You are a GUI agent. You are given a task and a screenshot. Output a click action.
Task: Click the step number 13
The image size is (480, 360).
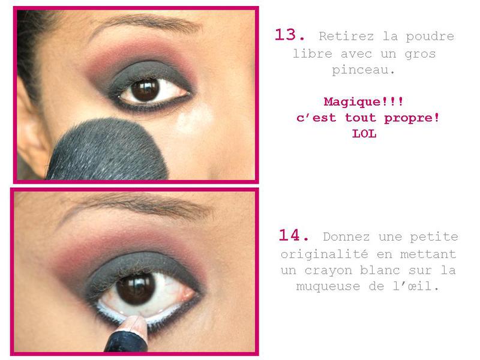tap(289, 35)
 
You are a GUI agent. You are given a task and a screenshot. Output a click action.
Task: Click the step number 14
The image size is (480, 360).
tap(293, 235)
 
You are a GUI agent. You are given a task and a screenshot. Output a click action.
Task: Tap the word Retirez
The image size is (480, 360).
tap(346, 36)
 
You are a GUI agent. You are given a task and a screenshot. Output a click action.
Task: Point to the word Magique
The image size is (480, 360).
tap(352, 102)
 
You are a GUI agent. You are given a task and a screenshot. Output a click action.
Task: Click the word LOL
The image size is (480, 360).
tap(364, 133)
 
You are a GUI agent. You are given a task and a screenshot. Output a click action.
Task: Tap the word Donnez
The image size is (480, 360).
tap(346, 236)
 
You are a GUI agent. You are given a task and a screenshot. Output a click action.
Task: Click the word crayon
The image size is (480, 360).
tap(328, 271)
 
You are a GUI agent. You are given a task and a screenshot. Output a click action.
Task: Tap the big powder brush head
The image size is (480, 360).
tap(107, 150)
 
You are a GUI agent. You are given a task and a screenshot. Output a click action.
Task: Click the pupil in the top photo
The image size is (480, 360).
tap(145, 90)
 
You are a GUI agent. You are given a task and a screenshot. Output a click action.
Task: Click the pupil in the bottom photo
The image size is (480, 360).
tap(136, 289)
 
